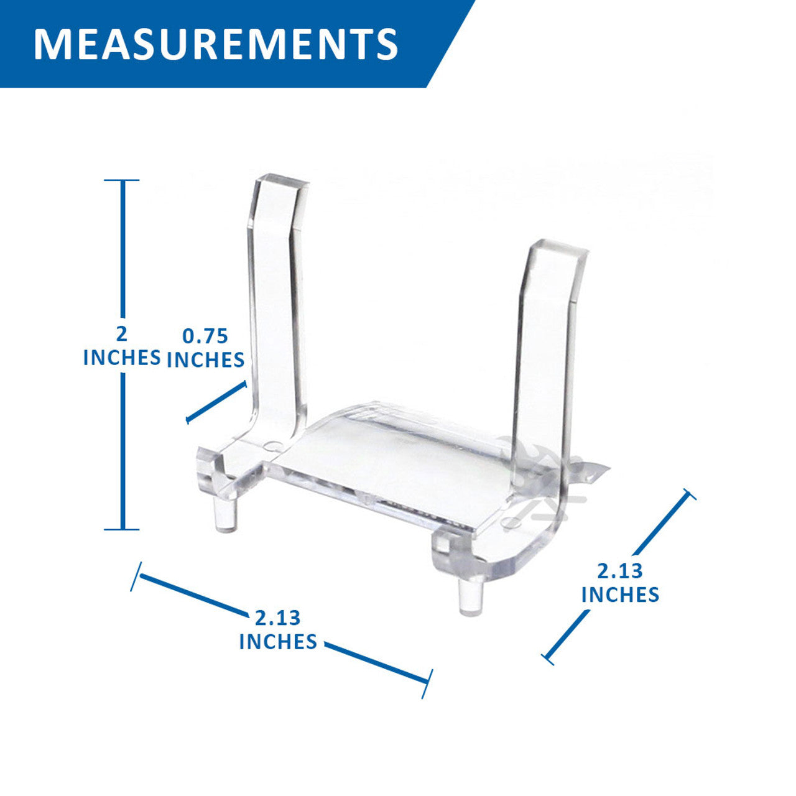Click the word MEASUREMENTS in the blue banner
point(216,44)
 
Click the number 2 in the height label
point(121,334)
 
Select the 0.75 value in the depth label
point(205,336)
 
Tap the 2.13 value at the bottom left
point(277,618)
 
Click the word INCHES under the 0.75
point(205,360)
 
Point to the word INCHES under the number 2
point(122,358)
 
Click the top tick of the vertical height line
point(121,180)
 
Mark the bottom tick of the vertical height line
point(121,529)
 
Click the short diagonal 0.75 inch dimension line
point(216,402)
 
